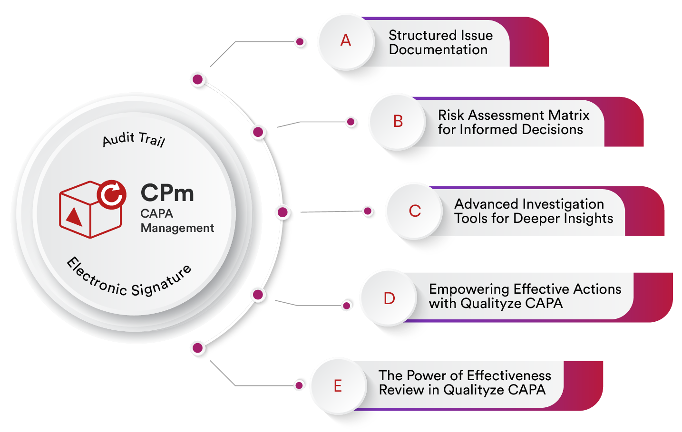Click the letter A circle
click(x=346, y=41)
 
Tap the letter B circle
click(x=398, y=122)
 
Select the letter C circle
click(x=415, y=211)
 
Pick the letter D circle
click(x=389, y=298)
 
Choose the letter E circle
click(x=338, y=386)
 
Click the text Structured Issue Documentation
click(x=440, y=42)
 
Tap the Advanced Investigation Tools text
click(x=533, y=211)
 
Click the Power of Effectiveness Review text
click(x=464, y=383)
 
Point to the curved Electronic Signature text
click(x=129, y=280)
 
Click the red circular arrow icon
click(x=112, y=194)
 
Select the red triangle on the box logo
click(x=74, y=217)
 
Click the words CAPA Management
click(x=177, y=221)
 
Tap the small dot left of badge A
click(x=300, y=42)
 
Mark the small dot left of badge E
click(x=299, y=385)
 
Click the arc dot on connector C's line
click(x=283, y=212)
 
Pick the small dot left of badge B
click(x=351, y=122)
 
